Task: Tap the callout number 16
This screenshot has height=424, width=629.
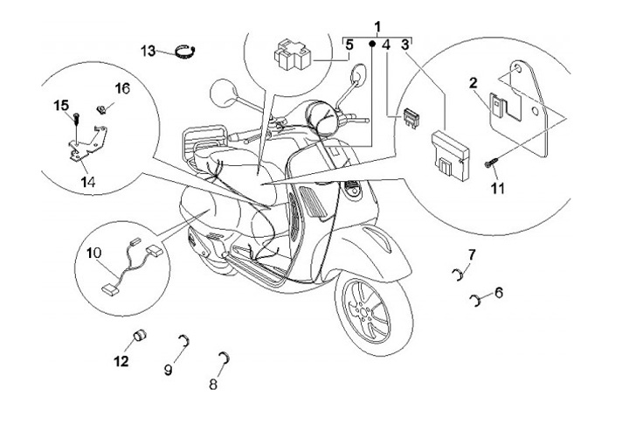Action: click(x=122, y=88)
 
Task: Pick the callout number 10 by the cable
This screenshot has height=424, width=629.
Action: click(x=94, y=253)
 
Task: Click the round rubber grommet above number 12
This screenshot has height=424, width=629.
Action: click(x=138, y=338)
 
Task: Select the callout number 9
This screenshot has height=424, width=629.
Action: click(x=169, y=370)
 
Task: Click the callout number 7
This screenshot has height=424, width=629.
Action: click(x=471, y=254)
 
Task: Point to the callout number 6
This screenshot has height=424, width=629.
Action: click(x=499, y=292)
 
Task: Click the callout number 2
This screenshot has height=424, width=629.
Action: click(x=473, y=83)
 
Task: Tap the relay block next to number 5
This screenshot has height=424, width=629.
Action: click(x=293, y=55)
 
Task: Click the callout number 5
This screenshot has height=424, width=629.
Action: click(x=349, y=43)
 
